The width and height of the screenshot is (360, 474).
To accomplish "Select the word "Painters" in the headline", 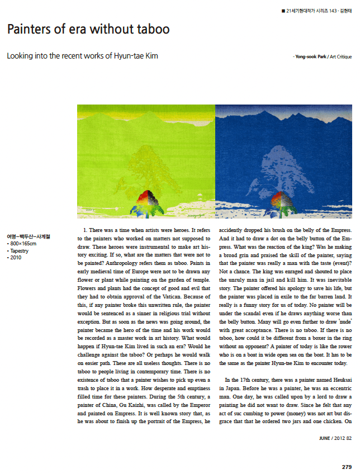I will pos(31,29).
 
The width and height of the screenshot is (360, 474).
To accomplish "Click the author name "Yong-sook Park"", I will pos(310,57).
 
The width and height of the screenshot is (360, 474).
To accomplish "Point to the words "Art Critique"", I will pos(340,57).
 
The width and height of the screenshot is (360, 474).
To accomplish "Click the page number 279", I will pos(347,466).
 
